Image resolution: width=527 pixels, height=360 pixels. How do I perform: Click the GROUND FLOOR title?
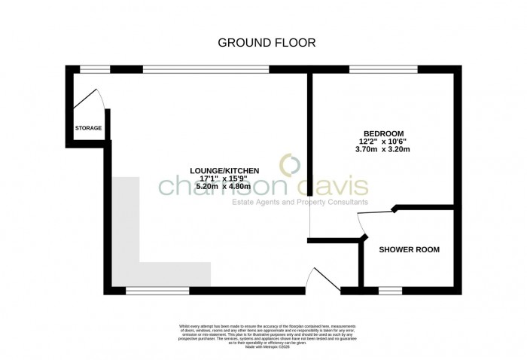tap(267, 42)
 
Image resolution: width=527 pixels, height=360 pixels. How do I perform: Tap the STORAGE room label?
tap(88, 129)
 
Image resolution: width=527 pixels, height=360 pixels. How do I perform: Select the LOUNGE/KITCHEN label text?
tap(227, 171)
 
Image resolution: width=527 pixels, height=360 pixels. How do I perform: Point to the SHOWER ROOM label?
tap(409, 249)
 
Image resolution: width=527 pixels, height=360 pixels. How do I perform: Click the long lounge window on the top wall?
tap(206, 69)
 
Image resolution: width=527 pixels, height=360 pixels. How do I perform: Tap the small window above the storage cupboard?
tap(95, 69)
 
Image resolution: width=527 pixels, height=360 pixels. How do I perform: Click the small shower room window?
tap(389, 290)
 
